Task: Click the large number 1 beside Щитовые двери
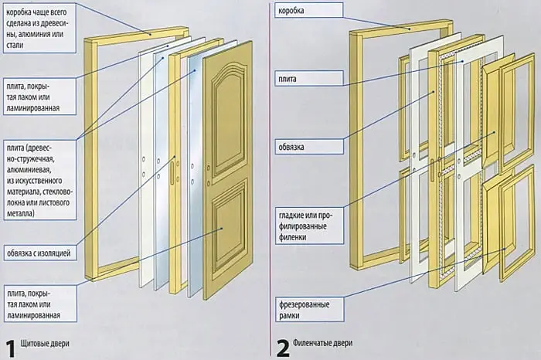coord(10,345)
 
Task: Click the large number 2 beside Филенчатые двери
coord(283,345)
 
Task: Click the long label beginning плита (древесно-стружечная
coord(39,180)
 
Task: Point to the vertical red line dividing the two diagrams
coord(269,178)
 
